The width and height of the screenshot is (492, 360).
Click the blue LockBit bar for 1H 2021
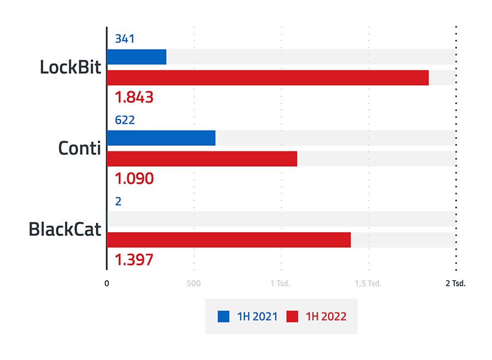[137, 57]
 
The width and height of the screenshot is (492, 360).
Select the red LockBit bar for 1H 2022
[267, 78]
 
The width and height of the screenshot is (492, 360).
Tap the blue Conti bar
[161, 138]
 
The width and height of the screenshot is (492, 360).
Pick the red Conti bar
[202, 158]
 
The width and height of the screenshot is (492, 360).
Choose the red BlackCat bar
[229, 240]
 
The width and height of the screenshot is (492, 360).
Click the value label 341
[125, 39]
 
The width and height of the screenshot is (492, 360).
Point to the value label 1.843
[134, 97]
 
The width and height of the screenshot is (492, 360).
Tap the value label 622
[125, 120]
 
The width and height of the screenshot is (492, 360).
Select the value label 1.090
[134, 178]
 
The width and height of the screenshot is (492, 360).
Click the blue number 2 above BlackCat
[118, 202]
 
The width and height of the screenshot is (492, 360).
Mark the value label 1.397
[134, 259]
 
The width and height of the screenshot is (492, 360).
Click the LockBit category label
[71, 67]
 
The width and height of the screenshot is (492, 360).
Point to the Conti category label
[80, 148]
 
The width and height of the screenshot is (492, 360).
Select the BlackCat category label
[65, 229]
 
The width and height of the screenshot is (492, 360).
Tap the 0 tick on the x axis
[107, 284]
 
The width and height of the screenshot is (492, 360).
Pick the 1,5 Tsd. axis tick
[368, 284]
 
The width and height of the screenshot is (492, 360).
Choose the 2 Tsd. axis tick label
[455, 284]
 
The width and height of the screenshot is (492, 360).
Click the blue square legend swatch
[224, 316]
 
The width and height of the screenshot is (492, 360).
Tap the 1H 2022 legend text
[326, 316]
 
